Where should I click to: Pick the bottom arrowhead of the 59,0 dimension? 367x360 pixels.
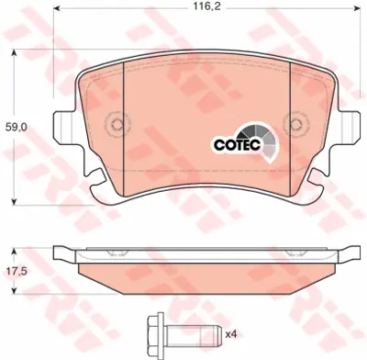pyautogui.click(x=15, y=199)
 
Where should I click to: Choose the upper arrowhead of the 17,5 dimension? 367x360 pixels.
pyautogui.click(x=15, y=249)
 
